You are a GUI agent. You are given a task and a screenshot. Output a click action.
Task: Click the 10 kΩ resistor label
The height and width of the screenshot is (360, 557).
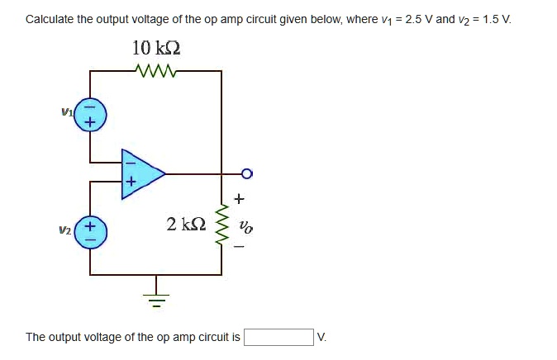point(156,48)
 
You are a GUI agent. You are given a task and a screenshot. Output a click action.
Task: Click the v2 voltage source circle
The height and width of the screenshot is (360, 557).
point(90,231)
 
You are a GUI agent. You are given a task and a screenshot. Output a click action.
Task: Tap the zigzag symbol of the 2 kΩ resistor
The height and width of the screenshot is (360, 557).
point(221,224)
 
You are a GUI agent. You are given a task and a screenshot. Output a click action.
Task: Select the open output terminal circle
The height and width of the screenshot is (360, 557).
point(246,173)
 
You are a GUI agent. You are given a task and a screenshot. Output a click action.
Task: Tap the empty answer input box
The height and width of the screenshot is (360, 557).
point(278,337)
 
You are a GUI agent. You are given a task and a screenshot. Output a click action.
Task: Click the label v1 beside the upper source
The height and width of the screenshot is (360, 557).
point(67,109)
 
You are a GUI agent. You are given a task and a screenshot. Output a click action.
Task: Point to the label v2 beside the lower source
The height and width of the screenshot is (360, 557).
point(64,232)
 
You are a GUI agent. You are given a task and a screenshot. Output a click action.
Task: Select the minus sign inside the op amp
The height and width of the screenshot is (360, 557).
point(130,163)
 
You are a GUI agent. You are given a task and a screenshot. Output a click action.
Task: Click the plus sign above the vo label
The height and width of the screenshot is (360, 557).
point(240,198)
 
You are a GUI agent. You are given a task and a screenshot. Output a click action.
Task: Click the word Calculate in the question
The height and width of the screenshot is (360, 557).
point(50,18)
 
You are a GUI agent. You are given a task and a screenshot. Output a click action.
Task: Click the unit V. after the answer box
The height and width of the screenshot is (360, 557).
point(322,337)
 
